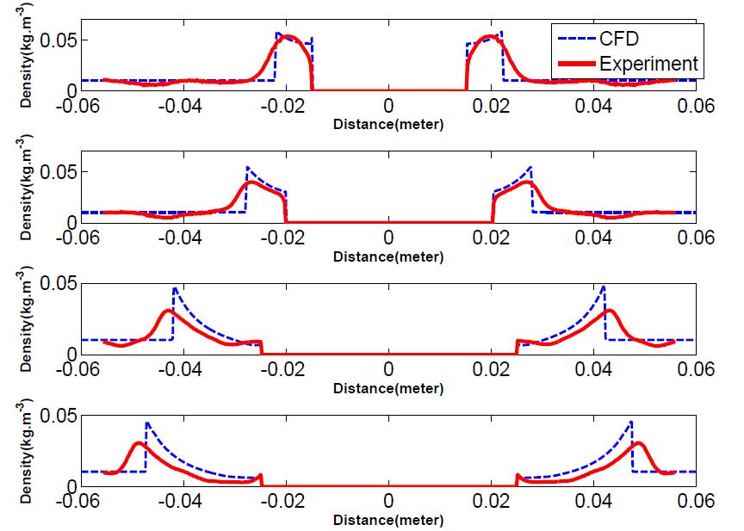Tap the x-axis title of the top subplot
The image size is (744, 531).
click(x=388, y=125)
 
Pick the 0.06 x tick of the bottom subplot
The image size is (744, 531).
click(x=696, y=502)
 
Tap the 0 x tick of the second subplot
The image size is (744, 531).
click(x=388, y=238)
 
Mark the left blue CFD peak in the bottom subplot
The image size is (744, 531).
click(x=146, y=423)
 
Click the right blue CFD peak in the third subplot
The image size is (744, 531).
click(x=604, y=287)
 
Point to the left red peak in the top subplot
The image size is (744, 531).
click(x=288, y=37)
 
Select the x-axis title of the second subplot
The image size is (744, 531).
click(x=388, y=256)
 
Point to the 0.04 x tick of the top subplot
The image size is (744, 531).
click(x=593, y=106)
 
